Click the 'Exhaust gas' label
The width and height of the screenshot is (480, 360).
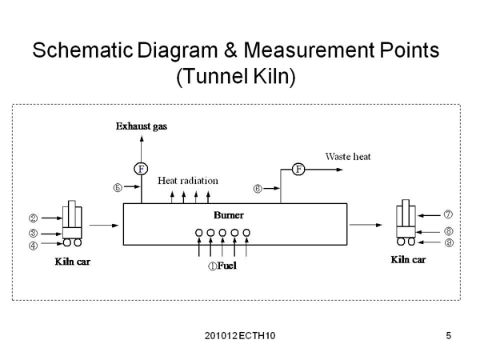click(x=142, y=126)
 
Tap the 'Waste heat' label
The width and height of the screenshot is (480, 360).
click(x=349, y=156)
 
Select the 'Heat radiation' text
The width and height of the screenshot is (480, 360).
click(x=187, y=181)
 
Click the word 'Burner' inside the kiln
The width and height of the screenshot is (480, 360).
click(x=229, y=215)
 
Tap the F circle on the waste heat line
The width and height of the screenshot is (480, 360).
click(x=299, y=169)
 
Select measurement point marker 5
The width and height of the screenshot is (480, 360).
click(x=117, y=189)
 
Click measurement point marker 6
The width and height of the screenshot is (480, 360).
click(x=258, y=189)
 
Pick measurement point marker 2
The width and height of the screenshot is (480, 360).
click(x=34, y=218)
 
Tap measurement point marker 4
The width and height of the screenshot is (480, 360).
click(x=34, y=246)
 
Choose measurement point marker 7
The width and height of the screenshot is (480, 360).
click(x=449, y=214)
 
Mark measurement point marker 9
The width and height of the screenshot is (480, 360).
click(x=449, y=242)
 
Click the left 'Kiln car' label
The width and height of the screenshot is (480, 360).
click(x=72, y=262)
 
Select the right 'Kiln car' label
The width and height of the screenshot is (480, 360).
click(x=407, y=260)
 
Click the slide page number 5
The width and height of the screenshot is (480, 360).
click(x=449, y=335)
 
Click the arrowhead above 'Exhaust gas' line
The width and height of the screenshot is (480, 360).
click(x=142, y=138)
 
